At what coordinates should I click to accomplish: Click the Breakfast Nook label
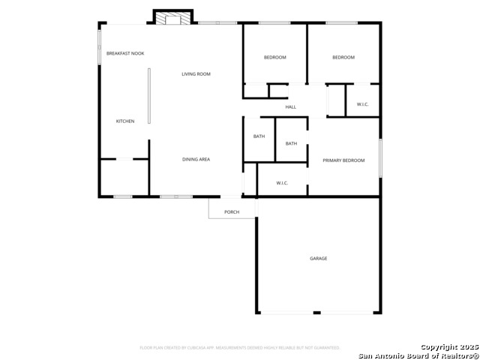[125, 53]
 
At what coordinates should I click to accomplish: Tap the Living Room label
[196, 73]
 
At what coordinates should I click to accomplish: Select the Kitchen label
[124, 121]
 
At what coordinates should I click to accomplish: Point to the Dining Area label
[196, 159]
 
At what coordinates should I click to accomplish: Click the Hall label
[291, 106]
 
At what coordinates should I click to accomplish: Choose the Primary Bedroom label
[343, 160]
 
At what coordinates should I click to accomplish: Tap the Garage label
[319, 258]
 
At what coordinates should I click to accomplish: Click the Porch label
[232, 211]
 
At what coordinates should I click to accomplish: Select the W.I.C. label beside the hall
[363, 104]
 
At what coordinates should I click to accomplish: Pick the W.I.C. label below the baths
[283, 182]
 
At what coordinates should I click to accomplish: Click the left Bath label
[259, 136]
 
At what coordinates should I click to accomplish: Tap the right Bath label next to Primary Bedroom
[291, 143]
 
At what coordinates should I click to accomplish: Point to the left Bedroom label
[274, 57]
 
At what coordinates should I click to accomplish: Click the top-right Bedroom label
[343, 57]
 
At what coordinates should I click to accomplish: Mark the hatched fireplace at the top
[173, 17]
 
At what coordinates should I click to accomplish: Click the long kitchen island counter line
[148, 96]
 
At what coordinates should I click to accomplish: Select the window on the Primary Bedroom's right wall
[379, 159]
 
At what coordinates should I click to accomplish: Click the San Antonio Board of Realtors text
[417, 355]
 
